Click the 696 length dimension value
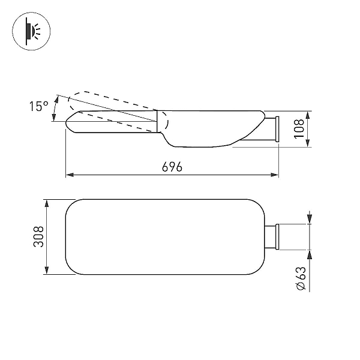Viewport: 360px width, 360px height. point(172,167)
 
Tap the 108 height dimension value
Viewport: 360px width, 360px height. point(299,129)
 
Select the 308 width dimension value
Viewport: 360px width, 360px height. point(38,237)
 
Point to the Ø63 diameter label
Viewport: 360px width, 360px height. point(301,278)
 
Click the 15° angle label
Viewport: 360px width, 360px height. point(38,106)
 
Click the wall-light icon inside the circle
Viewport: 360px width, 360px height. point(32,31)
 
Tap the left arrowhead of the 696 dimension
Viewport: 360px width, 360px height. point(70,175)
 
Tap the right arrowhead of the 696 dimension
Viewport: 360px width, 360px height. point(275,175)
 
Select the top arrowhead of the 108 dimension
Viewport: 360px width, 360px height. point(308,115)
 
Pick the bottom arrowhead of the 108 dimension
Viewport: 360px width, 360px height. point(308,143)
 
